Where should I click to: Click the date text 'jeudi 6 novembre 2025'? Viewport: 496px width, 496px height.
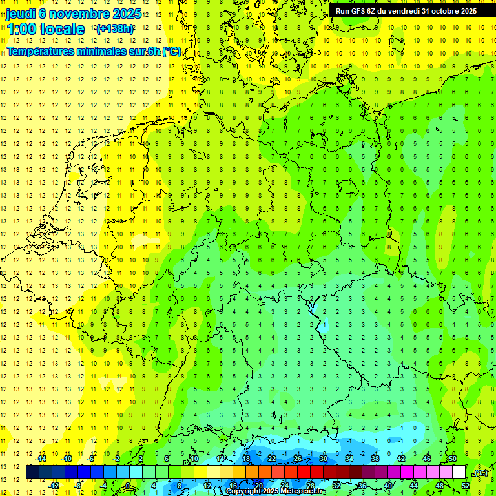pos(74,13)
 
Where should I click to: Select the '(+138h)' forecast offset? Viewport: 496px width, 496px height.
pos(115,29)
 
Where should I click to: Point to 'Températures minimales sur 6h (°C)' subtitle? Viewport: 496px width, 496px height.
pos(94,51)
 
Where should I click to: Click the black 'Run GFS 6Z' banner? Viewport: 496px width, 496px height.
pos(406,10)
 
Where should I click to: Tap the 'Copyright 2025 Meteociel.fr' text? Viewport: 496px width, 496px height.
pos(275,491)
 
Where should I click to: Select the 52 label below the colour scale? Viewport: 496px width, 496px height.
pos(466,485)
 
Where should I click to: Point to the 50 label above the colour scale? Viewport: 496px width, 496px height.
pos(453,459)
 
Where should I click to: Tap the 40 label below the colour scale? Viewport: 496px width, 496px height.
pos(388,485)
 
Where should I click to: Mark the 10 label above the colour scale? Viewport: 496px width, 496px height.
pos(194,459)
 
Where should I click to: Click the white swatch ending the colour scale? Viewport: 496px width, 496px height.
pos(459,472)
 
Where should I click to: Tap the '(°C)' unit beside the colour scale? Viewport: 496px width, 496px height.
pos(480,473)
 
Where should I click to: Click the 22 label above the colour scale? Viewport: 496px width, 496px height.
pos(272,459)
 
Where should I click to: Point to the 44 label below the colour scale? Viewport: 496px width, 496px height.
pos(414,485)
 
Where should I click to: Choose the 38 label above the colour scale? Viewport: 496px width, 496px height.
pos(375,459)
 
